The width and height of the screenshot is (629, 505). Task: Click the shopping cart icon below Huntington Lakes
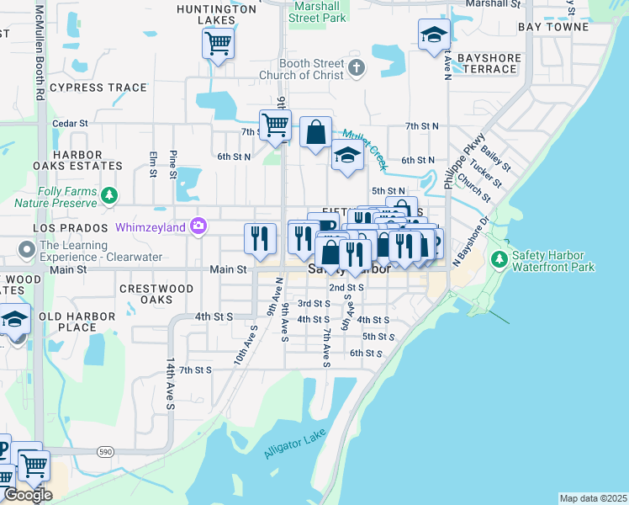click(x=218, y=42)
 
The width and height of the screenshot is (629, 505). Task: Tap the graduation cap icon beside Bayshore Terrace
click(x=434, y=35)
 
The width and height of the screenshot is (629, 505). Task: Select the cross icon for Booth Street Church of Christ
click(x=357, y=68)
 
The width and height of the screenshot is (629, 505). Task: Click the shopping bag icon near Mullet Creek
click(x=315, y=132)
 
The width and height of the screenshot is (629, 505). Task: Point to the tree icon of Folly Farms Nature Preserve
click(x=108, y=196)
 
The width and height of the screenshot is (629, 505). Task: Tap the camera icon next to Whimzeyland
click(x=198, y=225)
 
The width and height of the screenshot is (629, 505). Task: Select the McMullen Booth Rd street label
click(x=39, y=50)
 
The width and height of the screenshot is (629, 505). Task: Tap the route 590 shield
click(x=105, y=452)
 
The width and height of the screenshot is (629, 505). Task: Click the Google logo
click(x=28, y=495)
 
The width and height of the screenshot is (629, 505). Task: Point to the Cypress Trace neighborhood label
click(x=87, y=88)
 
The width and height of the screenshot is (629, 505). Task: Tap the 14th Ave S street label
click(x=170, y=383)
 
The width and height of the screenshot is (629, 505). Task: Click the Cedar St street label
click(x=70, y=123)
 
